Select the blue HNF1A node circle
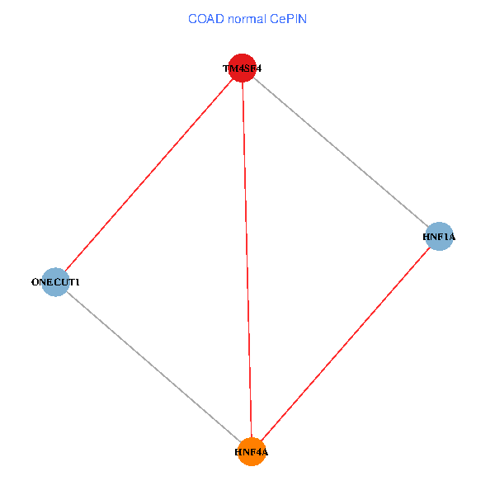pyautogui.click(x=439, y=237)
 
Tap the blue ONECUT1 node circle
pyautogui.click(x=54, y=282)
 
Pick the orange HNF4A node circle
pyautogui.click(x=252, y=451)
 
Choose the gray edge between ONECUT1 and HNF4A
pyautogui.click(x=153, y=366)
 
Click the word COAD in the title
pyautogui.click(x=205, y=19)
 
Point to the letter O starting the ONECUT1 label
pyautogui.click(x=35, y=283)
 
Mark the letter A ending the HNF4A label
pyautogui.click(x=265, y=452)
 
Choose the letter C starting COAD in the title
pyautogui.click(x=192, y=19)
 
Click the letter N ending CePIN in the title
pyautogui.click(x=302, y=19)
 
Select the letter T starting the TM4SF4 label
pyautogui.click(x=225, y=69)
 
